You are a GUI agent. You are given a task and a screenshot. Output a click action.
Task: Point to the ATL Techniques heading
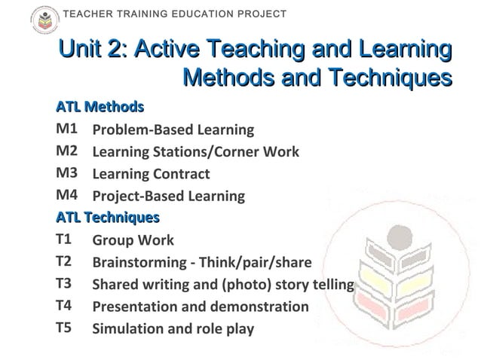point(108,218)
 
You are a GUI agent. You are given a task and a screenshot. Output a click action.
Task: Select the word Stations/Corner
point(210,152)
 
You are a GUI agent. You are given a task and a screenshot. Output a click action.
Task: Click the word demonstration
point(253,307)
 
